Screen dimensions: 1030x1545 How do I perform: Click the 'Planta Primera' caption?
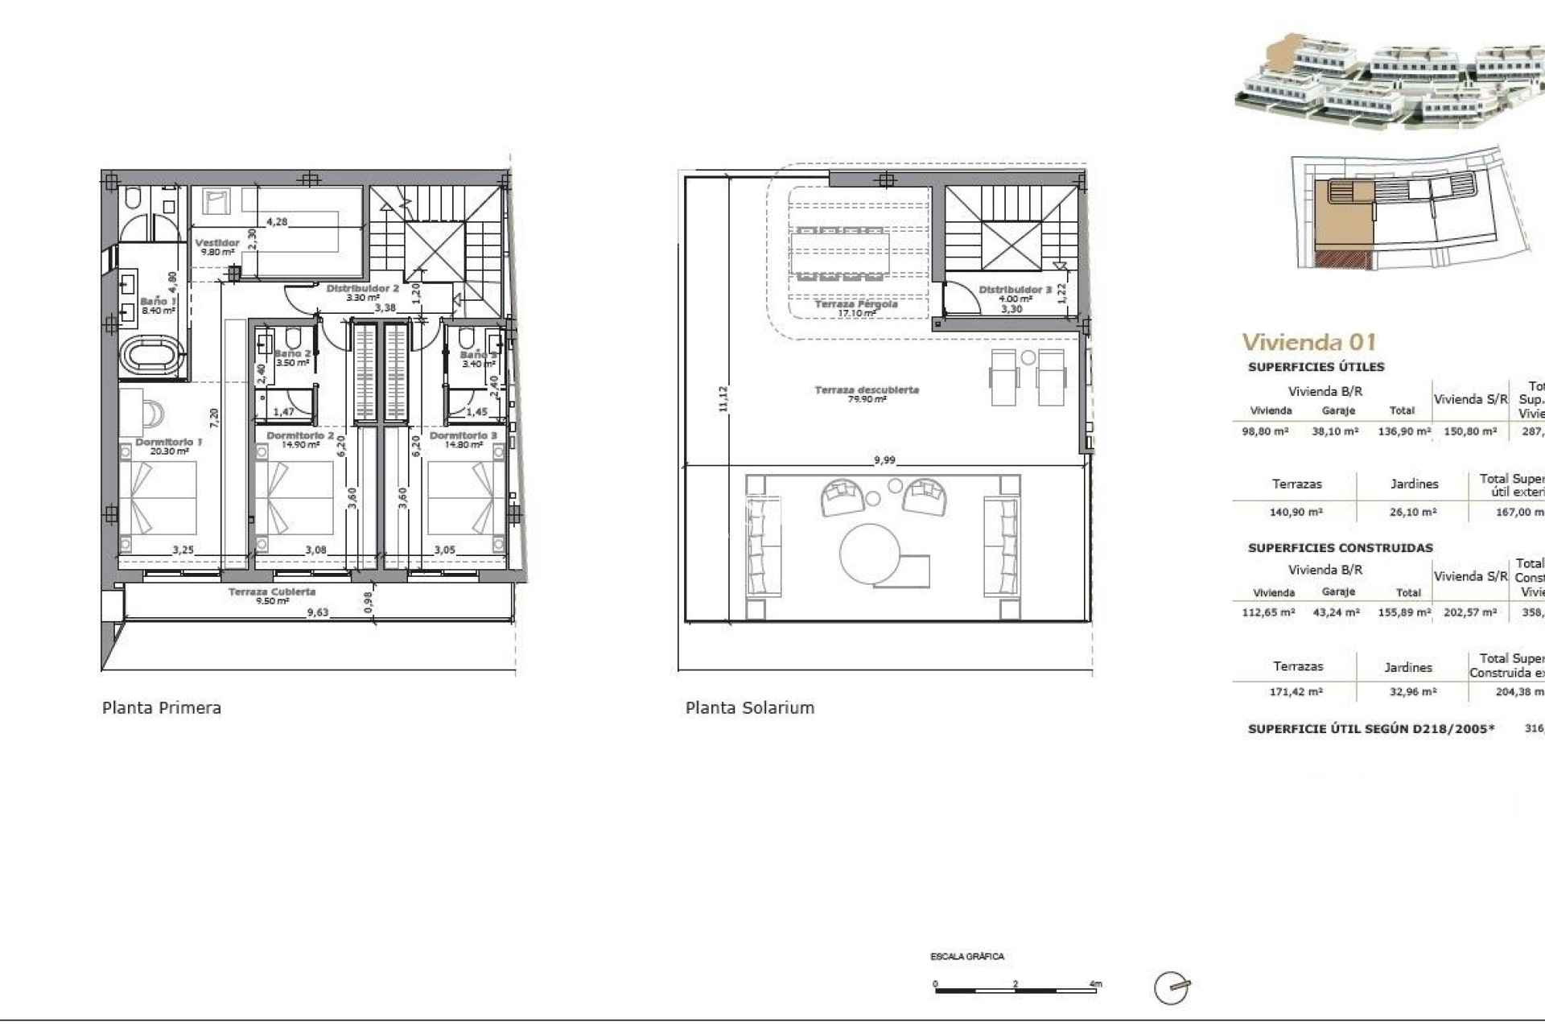pos(161,707)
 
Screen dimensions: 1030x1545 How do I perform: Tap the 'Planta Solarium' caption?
pos(749,707)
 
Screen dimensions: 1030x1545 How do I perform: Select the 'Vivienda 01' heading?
pos(1308,342)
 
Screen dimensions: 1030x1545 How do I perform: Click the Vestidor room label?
pos(217,243)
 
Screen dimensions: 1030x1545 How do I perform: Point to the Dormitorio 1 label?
pos(168,443)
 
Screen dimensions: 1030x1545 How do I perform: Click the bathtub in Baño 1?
pos(153,356)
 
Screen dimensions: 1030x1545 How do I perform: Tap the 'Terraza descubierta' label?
pos(867,390)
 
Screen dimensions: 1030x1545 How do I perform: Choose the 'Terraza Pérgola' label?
pos(855,305)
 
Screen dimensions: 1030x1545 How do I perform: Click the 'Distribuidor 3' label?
pos(1015,290)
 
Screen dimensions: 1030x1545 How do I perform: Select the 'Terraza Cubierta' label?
pos(272,592)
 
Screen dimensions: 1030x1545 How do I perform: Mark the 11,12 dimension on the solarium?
pos(723,399)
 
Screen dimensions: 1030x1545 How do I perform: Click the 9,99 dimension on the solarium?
pos(884,460)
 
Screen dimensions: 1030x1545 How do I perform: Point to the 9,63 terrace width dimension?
pos(317,612)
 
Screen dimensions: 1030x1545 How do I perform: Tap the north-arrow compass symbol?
pos(1171,988)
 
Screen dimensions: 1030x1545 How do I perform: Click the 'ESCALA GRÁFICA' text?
pos(966,957)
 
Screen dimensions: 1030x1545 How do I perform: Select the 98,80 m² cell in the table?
pos(1265,431)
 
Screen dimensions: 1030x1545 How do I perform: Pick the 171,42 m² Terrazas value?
pos(1298,692)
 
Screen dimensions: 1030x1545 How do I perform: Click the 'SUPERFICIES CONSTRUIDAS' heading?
pos(1340,548)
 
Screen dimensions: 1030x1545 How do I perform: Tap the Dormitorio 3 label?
pos(463,435)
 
